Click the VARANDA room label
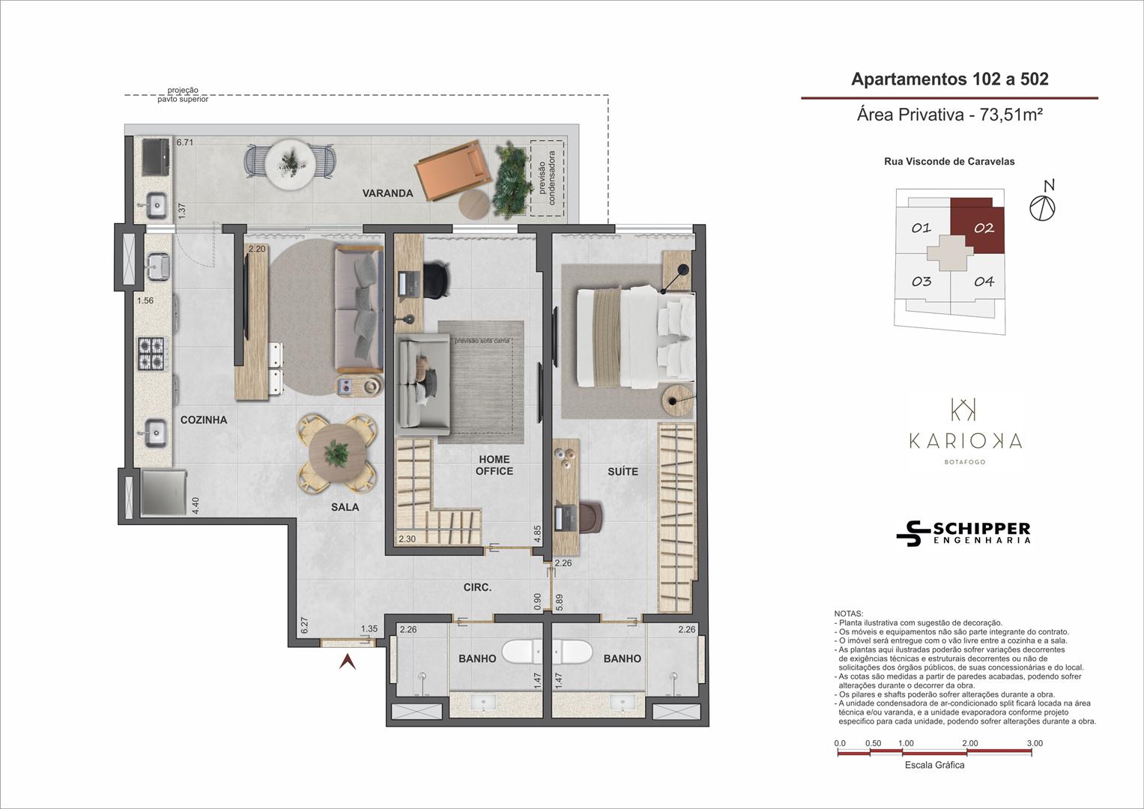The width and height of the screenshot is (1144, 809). pyautogui.click(x=387, y=193)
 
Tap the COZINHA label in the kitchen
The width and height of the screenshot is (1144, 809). pyautogui.click(x=204, y=419)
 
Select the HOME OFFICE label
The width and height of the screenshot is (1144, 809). pyautogui.click(x=494, y=465)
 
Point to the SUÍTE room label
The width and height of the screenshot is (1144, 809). pyautogui.click(x=623, y=471)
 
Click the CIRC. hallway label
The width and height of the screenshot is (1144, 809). pyautogui.click(x=477, y=587)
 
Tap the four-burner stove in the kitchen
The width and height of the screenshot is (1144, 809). pyautogui.click(x=151, y=354)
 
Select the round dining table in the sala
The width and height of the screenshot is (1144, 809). pyautogui.click(x=336, y=453)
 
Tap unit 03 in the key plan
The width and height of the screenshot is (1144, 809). pyautogui.click(x=921, y=282)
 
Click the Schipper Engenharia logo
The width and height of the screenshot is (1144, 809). pyautogui.click(x=963, y=533)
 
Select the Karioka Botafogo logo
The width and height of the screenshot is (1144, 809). pyautogui.click(x=965, y=431)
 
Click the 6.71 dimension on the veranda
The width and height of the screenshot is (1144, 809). pyautogui.click(x=185, y=142)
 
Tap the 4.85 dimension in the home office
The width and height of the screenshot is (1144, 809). pyautogui.click(x=537, y=533)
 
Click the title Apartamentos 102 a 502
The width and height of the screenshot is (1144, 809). pyautogui.click(x=949, y=79)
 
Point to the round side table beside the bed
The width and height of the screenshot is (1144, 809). pyautogui.click(x=677, y=402)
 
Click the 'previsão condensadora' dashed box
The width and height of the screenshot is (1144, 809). pyautogui.click(x=547, y=178)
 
